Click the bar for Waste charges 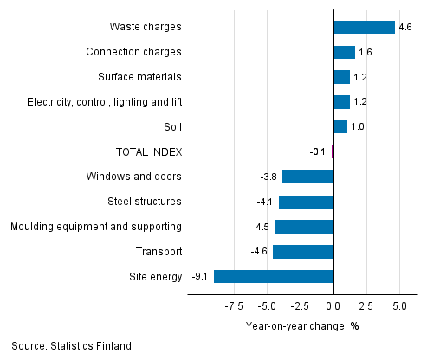(364, 27)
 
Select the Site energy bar (274, 277)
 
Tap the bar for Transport (303, 252)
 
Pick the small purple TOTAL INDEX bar (333, 152)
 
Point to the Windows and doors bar (307, 177)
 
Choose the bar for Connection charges (344, 52)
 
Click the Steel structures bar (306, 202)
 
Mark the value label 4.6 (404, 28)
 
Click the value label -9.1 (200, 277)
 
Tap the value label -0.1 (318, 152)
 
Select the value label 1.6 (365, 53)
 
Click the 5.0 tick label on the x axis (400, 305)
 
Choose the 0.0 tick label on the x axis (333, 305)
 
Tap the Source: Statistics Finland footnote (71, 346)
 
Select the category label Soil (171, 127)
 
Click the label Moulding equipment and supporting (95, 227)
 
